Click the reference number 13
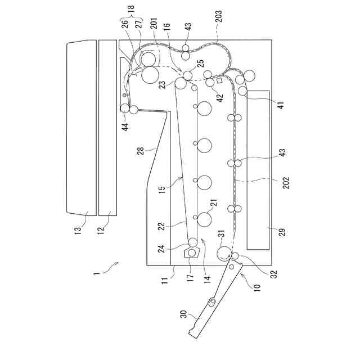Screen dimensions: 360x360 (79, 229)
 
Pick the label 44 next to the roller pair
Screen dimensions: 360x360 (125, 127)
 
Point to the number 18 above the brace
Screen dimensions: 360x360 (132, 17)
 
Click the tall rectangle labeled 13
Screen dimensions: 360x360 (79, 127)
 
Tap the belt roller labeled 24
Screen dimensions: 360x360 (192, 242)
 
